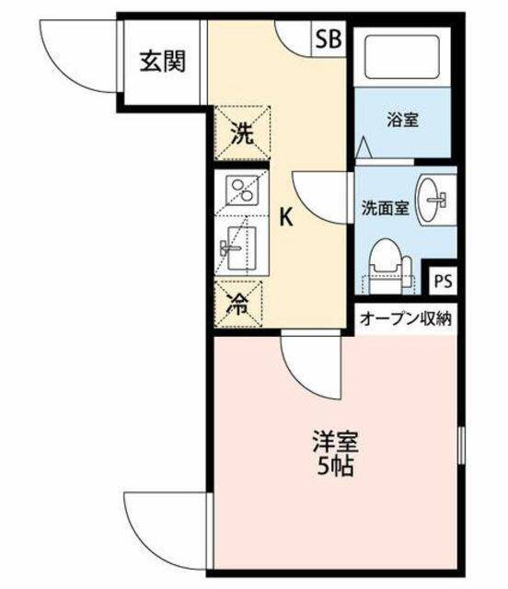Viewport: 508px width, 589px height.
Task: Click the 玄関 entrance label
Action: pos(163,62)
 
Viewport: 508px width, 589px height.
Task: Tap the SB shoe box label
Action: pos(329,39)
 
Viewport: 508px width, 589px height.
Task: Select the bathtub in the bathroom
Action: pos(402,57)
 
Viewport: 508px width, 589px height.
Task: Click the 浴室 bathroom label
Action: pos(403,120)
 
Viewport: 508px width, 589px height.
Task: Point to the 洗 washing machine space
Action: pos(242,133)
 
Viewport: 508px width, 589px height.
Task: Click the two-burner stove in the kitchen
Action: pos(242,191)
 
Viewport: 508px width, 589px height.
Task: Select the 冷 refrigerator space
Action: pos(237,304)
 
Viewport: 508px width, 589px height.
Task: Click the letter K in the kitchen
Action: pos(286,217)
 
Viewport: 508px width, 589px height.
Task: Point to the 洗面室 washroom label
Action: pos(385,208)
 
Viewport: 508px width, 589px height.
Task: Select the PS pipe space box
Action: pos(444,281)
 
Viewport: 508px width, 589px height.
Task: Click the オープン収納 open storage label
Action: pos(406,319)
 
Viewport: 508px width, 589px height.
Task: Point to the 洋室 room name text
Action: pos(336,442)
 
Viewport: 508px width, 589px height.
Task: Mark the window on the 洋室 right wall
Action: pos(462,445)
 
